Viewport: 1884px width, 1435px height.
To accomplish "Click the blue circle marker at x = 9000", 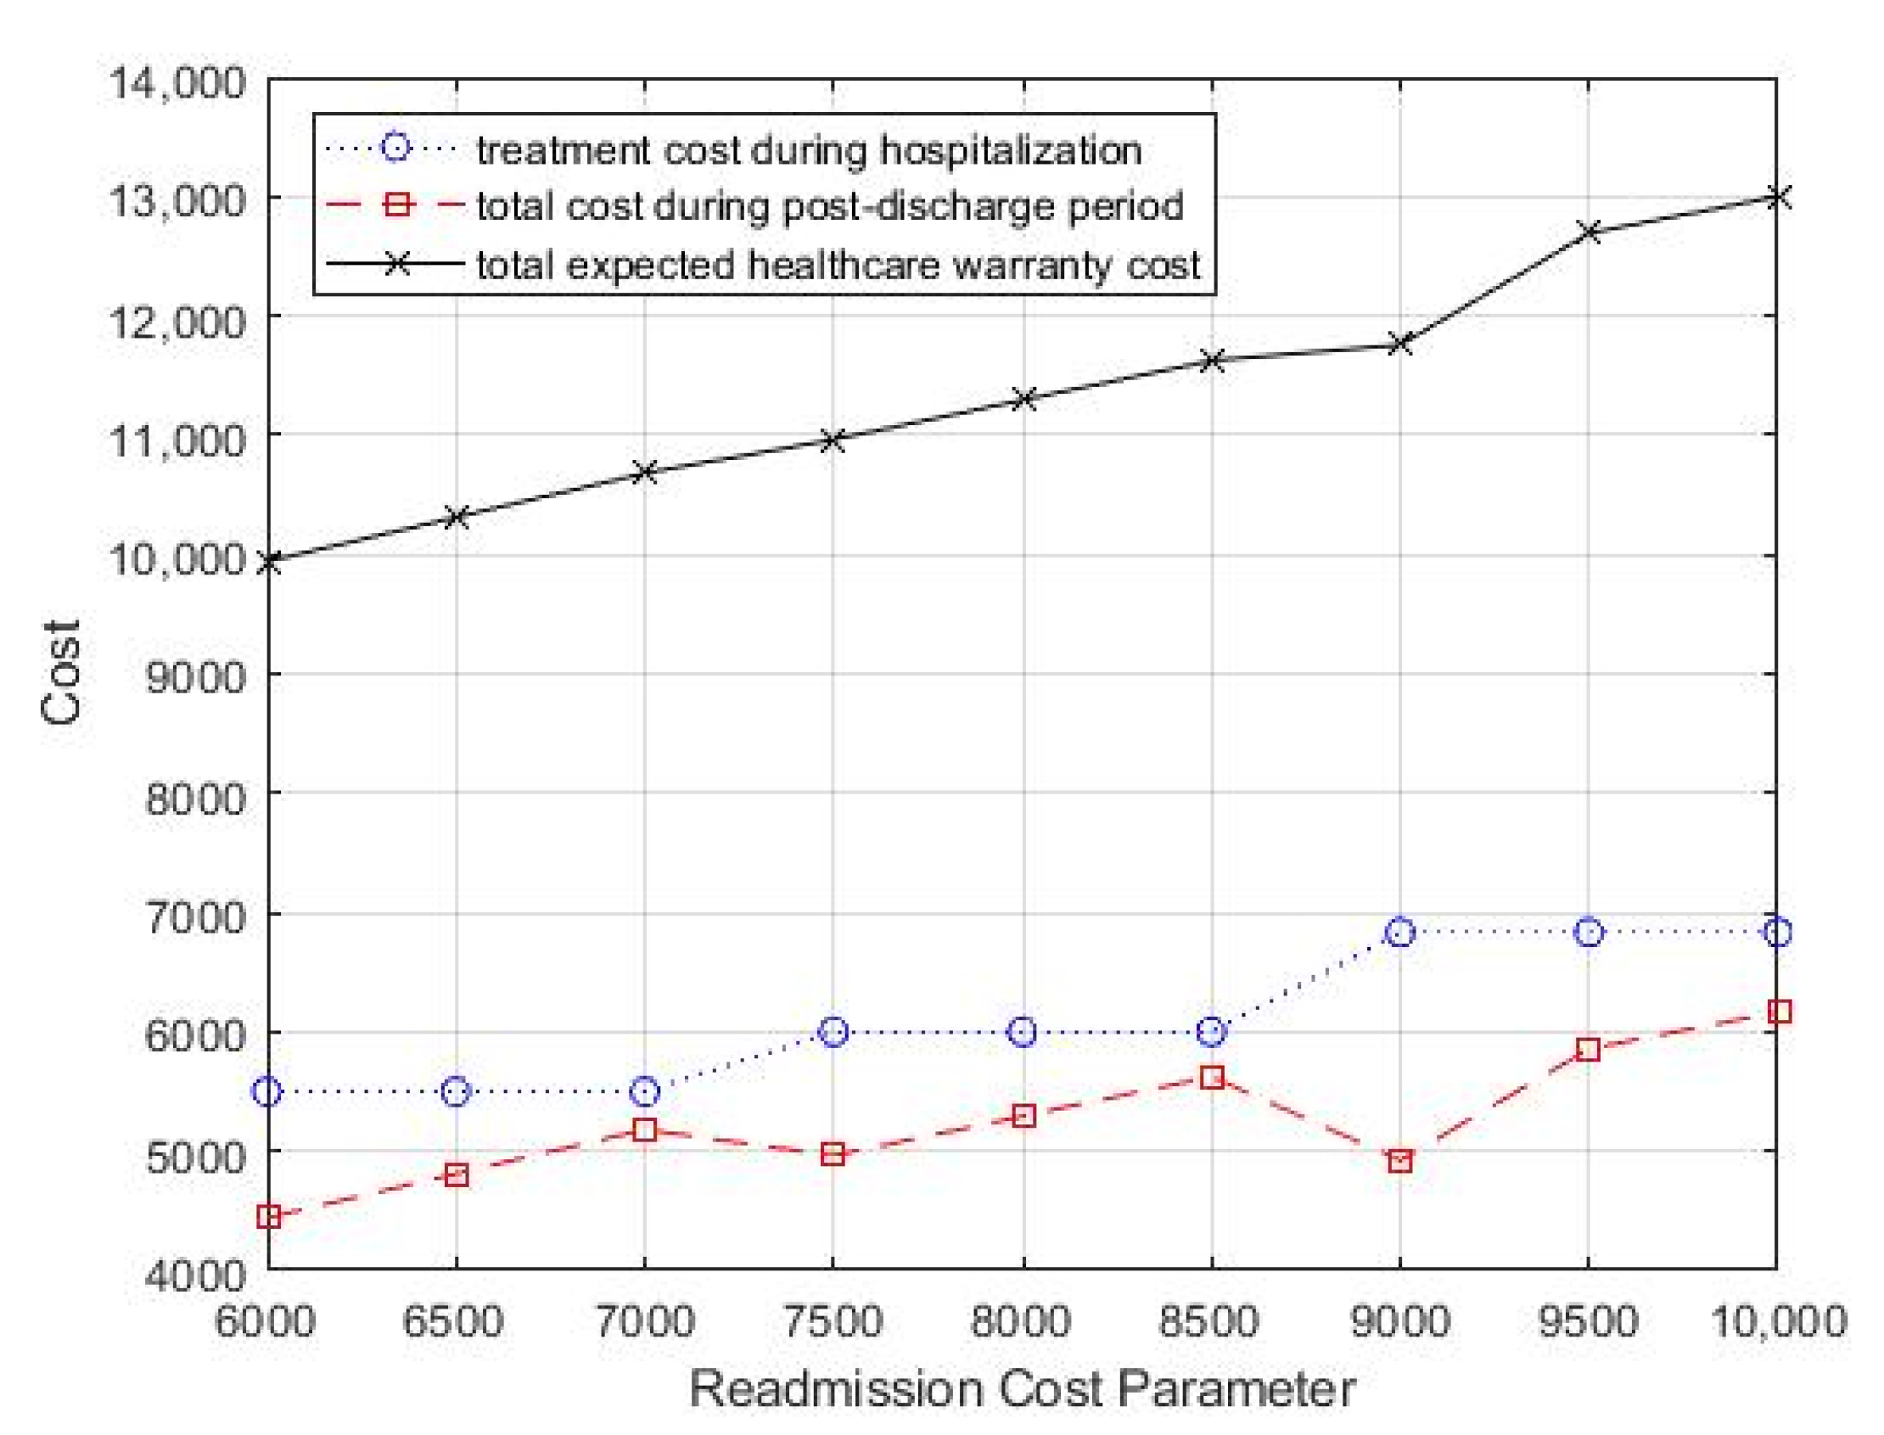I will tap(1399, 933).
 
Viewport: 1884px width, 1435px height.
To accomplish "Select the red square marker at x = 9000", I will tap(1399, 1162).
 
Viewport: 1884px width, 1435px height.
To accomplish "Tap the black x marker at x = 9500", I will tap(1588, 232).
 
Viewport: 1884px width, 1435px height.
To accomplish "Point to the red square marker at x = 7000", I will tap(645, 1130).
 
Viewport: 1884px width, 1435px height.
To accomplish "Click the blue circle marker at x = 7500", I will tap(833, 1032).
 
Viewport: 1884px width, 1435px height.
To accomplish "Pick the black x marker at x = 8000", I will tap(1023, 399).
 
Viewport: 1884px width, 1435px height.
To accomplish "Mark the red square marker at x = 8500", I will tap(1211, 1078).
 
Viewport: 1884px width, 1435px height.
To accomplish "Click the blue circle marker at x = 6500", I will tap(456, 1091).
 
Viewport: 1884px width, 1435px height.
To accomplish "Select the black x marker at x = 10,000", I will tap(1776, 198).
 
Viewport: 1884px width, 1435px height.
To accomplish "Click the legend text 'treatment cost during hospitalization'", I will tap(809, 150).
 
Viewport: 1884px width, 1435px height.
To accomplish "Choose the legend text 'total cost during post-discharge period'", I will tap(829, 207).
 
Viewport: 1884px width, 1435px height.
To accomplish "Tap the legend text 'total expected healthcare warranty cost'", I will tap(838, 265).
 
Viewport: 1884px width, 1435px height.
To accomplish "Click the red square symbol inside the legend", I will tap(395, 205).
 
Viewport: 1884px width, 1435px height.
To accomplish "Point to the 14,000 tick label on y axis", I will tap(177, 83).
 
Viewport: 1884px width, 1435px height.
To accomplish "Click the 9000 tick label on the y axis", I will tap(194, 676).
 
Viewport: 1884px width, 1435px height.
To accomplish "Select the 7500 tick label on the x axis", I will tap(833, 1321).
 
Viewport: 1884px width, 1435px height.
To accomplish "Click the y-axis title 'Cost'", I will tap(61, 672).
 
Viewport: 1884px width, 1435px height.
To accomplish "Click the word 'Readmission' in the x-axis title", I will tap(835, 1389).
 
